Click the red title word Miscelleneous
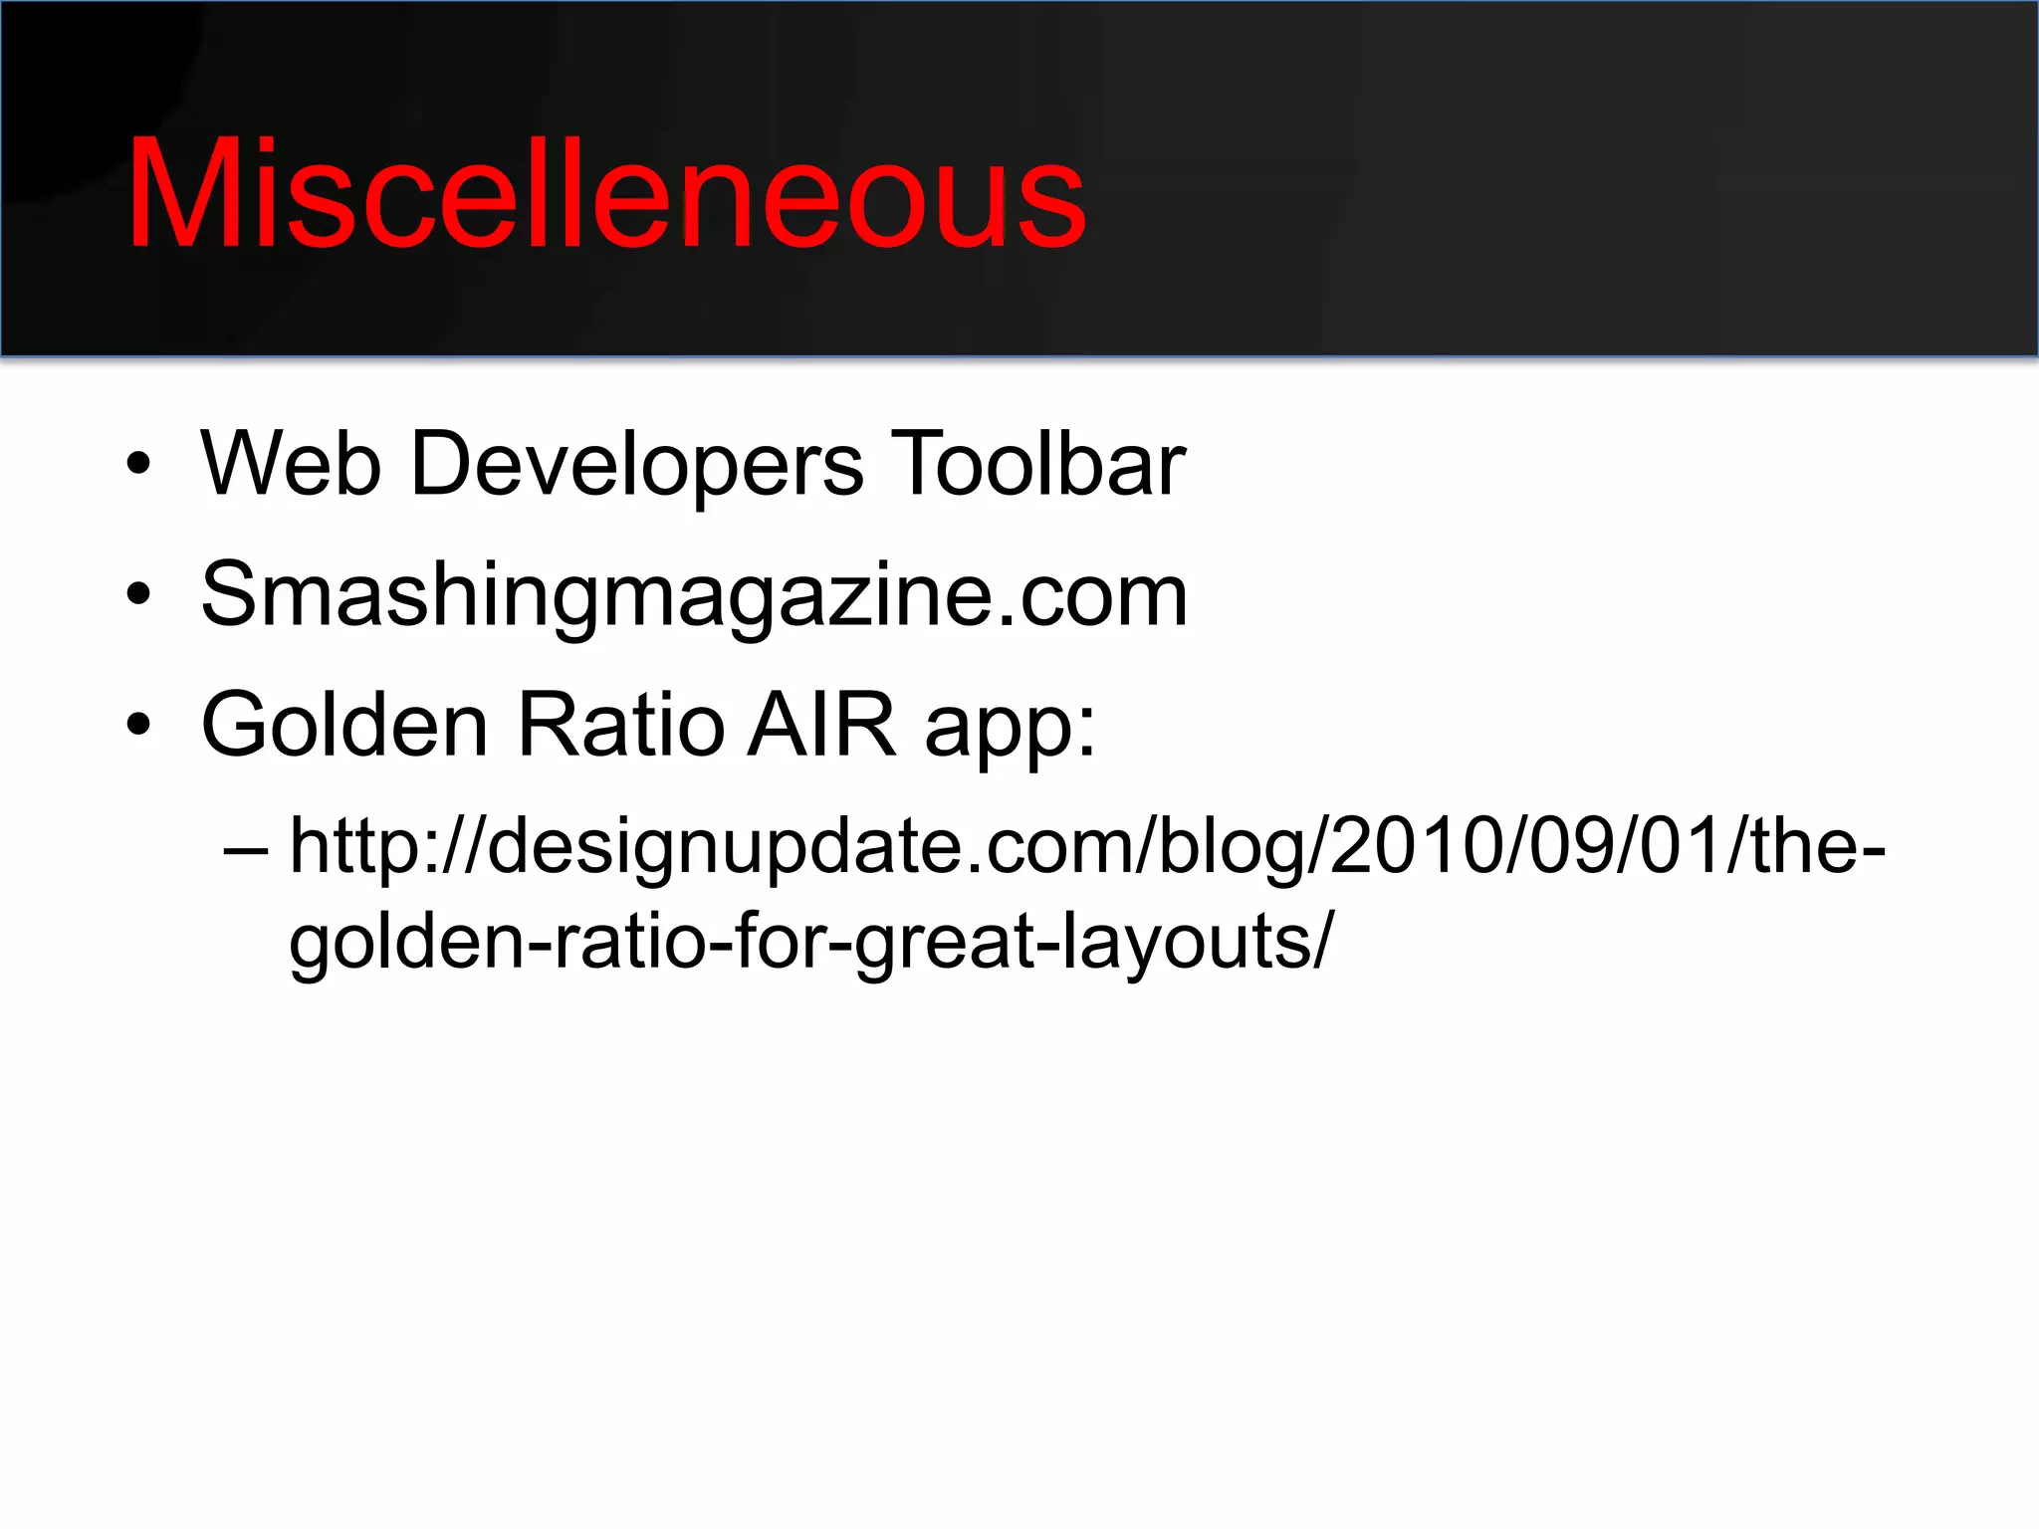pyautogui.click(x=605, y=194)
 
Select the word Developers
pyautogui.click(x=636, y=465)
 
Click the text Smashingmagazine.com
pyautogui.click(x=694, y=594)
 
